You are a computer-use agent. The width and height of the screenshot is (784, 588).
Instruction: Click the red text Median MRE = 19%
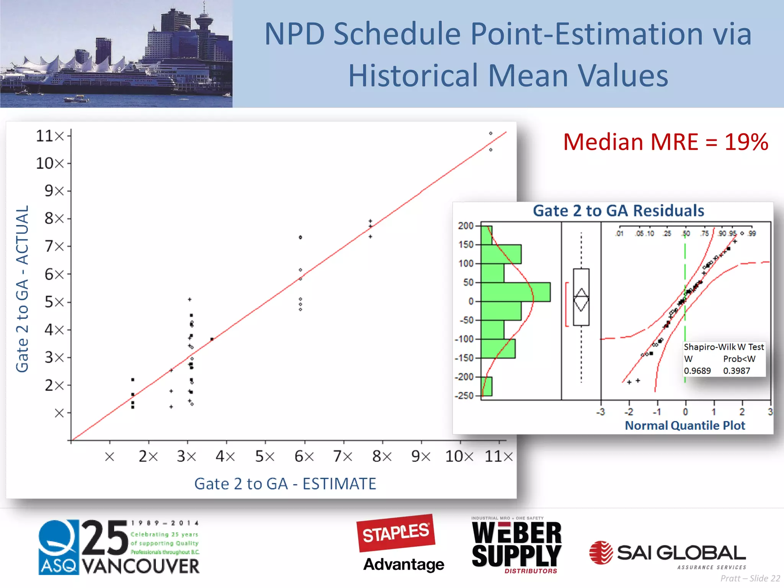click(x=665, y=142)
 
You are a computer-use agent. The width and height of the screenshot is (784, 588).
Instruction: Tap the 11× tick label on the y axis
click(x=50, y=136)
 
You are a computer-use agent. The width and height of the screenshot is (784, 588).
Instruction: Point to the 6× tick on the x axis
click(x=304, y=456)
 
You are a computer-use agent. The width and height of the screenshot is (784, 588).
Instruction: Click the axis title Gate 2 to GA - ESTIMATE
click(x=285, y=484)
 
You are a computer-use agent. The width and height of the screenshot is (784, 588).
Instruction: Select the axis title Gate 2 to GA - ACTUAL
click(x=22, y=289)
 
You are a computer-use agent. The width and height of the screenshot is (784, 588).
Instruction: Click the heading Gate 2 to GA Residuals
click(x=618, y=211)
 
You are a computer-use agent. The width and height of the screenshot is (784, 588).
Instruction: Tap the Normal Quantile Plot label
click(x=685, y=425)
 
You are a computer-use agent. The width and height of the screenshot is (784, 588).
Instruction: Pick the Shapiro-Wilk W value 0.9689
click(x=697, y=371)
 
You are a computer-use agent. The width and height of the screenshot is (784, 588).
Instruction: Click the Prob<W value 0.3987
click(x=736, y=371)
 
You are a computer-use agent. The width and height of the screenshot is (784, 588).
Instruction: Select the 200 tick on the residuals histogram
click(x=465, y=226)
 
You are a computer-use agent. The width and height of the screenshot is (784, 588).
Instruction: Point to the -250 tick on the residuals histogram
click(x=464, y=396)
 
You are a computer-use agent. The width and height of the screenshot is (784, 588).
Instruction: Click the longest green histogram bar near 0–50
click(x=515, y=292)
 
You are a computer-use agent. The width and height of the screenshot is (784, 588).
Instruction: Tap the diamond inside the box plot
click(x=581, y=300)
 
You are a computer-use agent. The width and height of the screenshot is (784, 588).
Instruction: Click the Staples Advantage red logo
click(x=396, y=533)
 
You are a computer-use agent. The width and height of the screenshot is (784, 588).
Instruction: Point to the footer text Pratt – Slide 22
click(x=750, y=578)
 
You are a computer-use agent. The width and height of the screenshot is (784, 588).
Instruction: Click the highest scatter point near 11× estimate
click(x=490, y=134)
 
